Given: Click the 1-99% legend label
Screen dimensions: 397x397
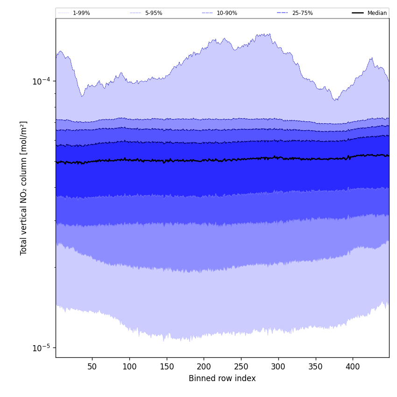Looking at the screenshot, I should pos(81,13).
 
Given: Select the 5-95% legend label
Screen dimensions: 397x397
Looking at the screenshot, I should pos(154,13).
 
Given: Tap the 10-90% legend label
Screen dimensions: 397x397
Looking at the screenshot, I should pos(227,13).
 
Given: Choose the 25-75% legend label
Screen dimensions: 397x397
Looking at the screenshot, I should pos(302,13).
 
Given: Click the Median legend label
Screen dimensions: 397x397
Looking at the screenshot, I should pos(377,13).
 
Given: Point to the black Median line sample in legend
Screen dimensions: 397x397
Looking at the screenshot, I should pos(358,13).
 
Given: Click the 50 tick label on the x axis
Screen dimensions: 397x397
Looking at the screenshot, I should pos(92,367).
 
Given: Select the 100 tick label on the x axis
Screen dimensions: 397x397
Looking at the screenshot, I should pos(129,367).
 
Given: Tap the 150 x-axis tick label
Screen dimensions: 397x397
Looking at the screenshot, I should pos(166,367).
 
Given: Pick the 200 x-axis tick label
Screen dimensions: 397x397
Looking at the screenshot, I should pos(204,367).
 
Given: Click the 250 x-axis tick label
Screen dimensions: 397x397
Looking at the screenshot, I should pos(241,367).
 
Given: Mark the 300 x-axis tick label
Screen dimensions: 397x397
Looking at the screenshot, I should pos(278,367).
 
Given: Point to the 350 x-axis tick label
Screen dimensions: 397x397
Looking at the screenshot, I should pos(315,367).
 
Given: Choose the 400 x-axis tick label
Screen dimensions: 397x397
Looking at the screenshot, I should pos(353,367).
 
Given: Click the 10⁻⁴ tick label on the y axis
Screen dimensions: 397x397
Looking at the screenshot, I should pos(41,81).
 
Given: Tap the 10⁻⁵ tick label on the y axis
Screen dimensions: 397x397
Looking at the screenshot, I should pos(41,348).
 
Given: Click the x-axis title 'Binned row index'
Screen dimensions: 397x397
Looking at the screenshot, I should pos(222,379).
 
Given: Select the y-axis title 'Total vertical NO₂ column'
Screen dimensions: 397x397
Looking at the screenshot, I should pos(24,188).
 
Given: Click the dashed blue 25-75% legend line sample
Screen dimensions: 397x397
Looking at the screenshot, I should pos(283,13).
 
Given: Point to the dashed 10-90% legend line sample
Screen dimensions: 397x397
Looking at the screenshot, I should pos(207,13).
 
